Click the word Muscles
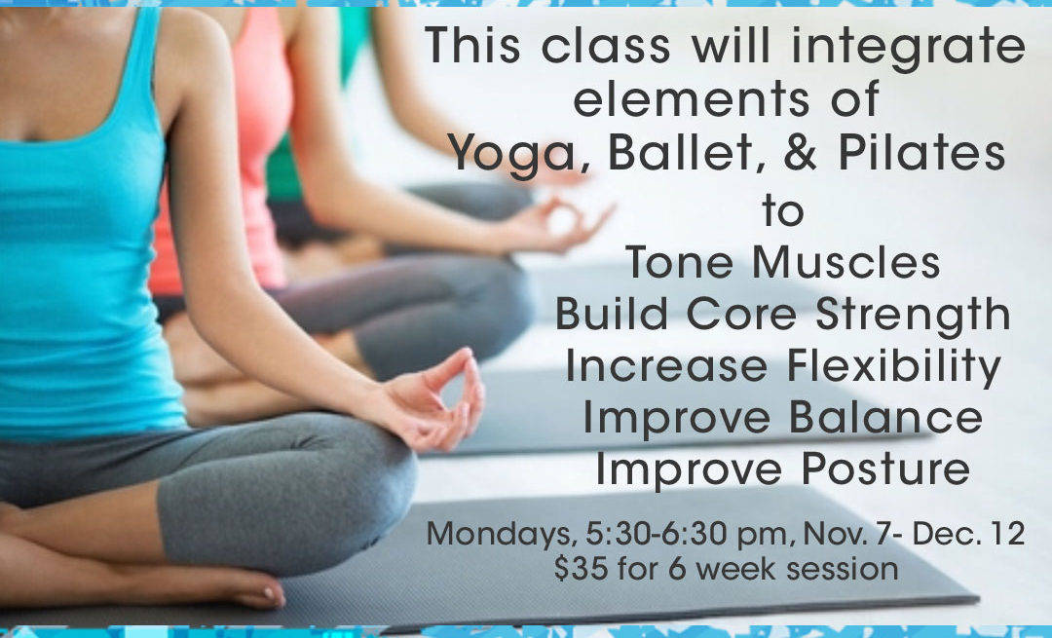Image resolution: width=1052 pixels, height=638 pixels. tap(846, 262)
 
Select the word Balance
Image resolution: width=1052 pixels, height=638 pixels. tap(885, 416)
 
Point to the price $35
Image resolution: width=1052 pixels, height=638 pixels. tap(581, 569)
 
